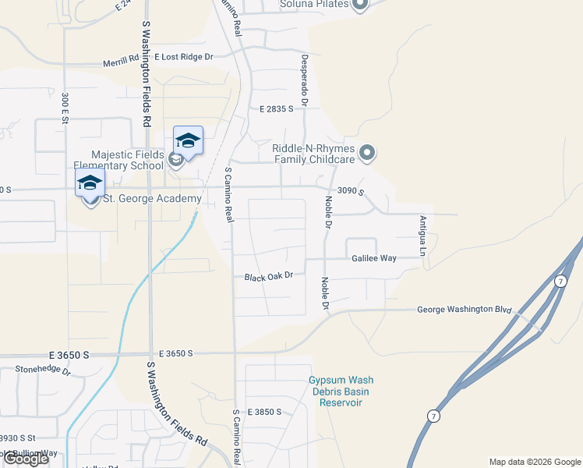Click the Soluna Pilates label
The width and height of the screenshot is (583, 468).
point(313,5)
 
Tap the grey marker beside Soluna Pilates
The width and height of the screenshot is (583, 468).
point(360,5)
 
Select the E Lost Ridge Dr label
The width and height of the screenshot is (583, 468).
point(184,57)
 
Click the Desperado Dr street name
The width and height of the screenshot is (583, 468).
point(305,80)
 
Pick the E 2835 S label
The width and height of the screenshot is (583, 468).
point(276,110)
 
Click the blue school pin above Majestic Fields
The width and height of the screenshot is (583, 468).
point(188,140)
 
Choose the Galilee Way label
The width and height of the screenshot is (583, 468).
point(374,258)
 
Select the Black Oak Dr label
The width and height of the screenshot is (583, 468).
point(268,277)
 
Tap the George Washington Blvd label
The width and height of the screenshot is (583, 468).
point(464,310)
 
